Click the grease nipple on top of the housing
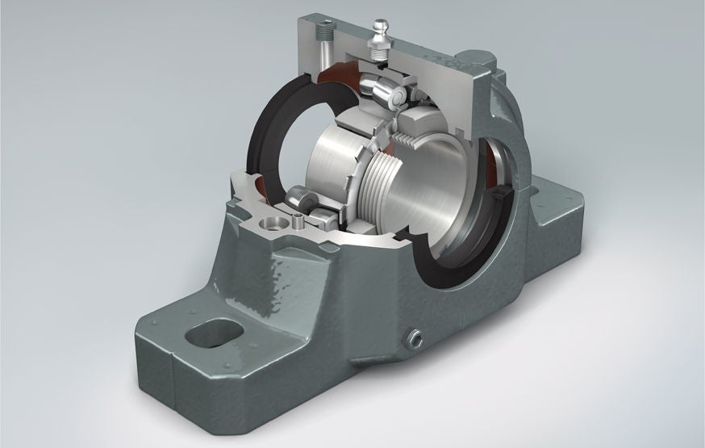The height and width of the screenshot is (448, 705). point(378,38)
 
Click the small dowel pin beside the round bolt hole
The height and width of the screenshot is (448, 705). point(298,219)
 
